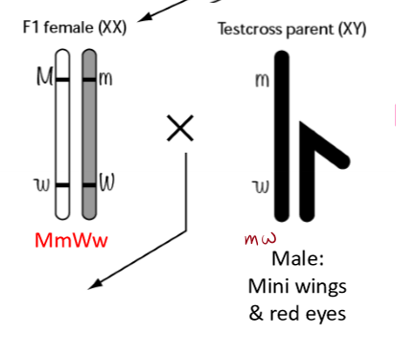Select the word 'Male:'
point(295,259)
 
